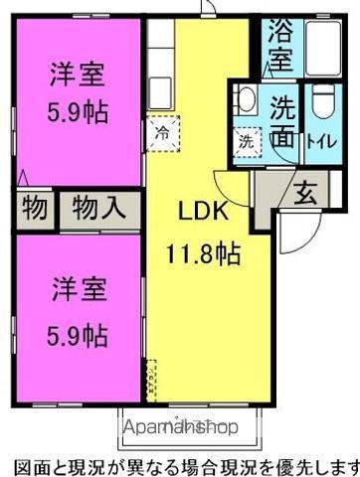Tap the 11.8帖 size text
(202, 253)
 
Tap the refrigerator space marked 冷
(162, 131)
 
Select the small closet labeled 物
(32, 211)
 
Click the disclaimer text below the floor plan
(180, 465)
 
